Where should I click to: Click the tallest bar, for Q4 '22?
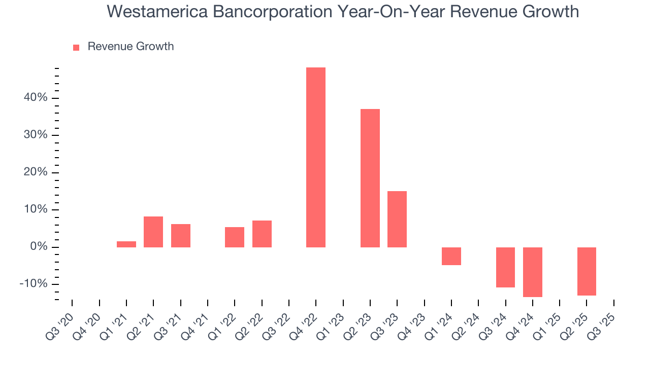(316, 157)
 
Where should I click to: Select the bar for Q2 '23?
(370, 178)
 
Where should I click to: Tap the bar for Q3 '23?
(397, 219)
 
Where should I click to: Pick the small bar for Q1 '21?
(126, 244)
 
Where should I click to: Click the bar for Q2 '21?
(153, 232)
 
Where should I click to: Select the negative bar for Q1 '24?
(451, 256)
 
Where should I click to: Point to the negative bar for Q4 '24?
(533, 272)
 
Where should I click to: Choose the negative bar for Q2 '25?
(587, 271)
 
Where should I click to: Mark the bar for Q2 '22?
(262, 234)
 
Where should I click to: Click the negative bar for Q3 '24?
(505, 267)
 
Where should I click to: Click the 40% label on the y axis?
(35, 98)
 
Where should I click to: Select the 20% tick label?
(35, 172)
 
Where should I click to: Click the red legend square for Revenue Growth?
(76, 47)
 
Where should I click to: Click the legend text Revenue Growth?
(131, 47)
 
